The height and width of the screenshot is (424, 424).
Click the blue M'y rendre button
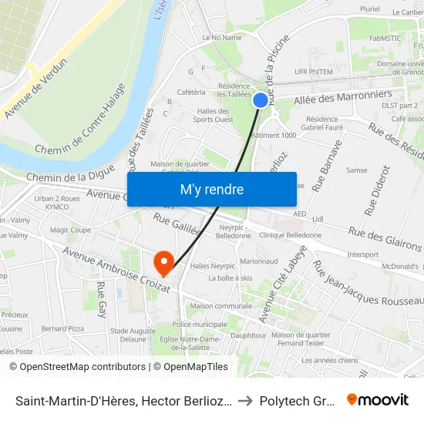[211, 189]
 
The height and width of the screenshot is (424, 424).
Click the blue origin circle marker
[261, 99]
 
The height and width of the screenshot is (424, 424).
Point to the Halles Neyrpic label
[212, 265]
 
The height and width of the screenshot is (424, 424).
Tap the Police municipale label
[197, 325]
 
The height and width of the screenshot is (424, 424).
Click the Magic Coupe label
[70, 230]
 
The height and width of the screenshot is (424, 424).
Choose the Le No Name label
[221, 37]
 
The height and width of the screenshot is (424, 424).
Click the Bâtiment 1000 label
[273, 136]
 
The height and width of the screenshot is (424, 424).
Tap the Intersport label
[363, 254]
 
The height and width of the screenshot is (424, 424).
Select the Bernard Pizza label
[62, 328]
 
